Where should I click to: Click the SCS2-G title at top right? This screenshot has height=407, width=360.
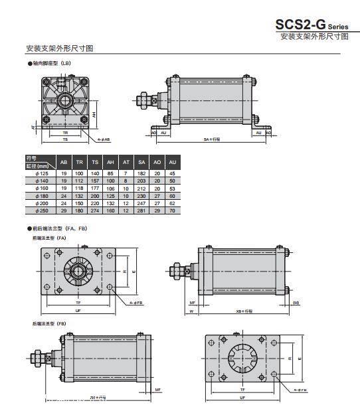[312, 24]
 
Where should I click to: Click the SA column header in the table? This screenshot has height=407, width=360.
[141, 162]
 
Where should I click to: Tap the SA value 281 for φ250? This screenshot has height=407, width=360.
[141, 211]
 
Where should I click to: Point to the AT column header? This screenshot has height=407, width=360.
[126, 162]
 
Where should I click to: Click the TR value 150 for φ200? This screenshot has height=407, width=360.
[80, 204]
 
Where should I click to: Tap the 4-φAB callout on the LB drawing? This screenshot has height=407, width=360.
[104, 140]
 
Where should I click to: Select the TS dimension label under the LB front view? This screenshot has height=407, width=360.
[65, 140]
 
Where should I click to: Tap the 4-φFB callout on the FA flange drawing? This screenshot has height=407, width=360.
[135, 302]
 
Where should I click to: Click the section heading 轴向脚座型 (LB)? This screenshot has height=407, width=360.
[52, 63]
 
